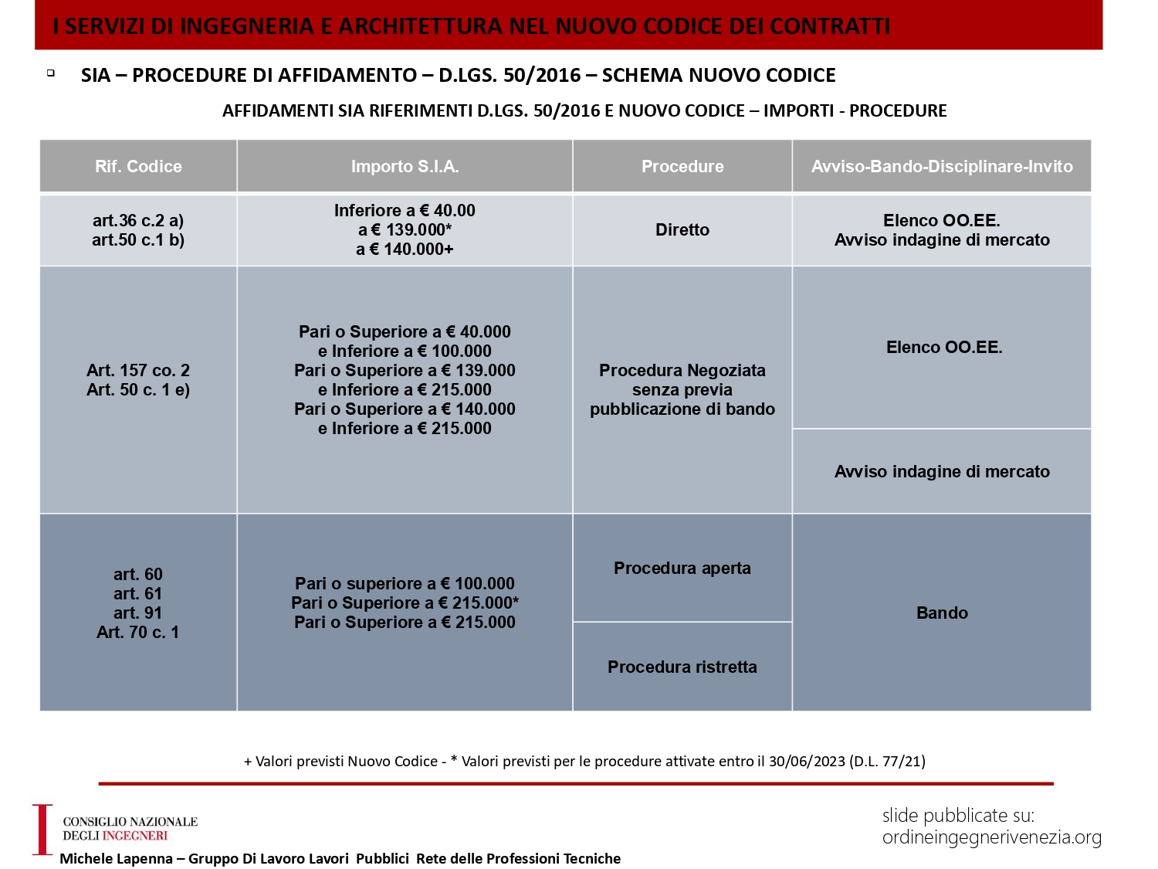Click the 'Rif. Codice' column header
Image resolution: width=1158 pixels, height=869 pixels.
tap(138, 166)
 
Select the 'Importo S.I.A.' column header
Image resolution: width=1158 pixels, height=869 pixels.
tap(405, 166)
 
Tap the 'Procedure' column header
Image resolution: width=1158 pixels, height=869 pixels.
tap(682, 166)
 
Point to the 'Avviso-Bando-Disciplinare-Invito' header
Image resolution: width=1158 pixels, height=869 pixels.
tap(942, 166)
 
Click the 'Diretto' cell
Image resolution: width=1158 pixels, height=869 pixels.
tap(682, 229)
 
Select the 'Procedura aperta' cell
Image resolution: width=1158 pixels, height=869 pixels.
tap(682, 568)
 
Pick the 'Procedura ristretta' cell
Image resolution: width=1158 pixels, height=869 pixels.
tap(682, 667)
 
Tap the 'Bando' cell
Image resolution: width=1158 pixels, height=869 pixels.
tap(942, 613)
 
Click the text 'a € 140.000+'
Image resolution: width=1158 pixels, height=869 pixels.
tap(405, 249)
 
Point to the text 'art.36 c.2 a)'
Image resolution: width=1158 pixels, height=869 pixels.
tap(138, 220)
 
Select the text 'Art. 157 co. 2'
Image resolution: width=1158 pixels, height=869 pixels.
tap(138, 370)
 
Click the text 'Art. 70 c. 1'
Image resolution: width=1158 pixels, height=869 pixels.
tap(138, 632)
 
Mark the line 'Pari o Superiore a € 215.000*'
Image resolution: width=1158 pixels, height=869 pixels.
tap(405, 603)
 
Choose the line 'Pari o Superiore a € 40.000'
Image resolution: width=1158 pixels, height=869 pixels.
tap(405, 331)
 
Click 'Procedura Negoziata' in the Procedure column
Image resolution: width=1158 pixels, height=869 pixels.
tap(682, 370)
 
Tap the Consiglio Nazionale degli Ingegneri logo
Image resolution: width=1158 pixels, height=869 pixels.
tap(116, 829)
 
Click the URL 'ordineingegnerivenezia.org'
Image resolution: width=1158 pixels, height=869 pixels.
tap(992, 837)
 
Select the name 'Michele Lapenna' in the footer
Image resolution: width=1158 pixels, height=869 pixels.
tap(116, 858)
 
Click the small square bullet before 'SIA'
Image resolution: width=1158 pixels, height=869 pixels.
tap(51, 73)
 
